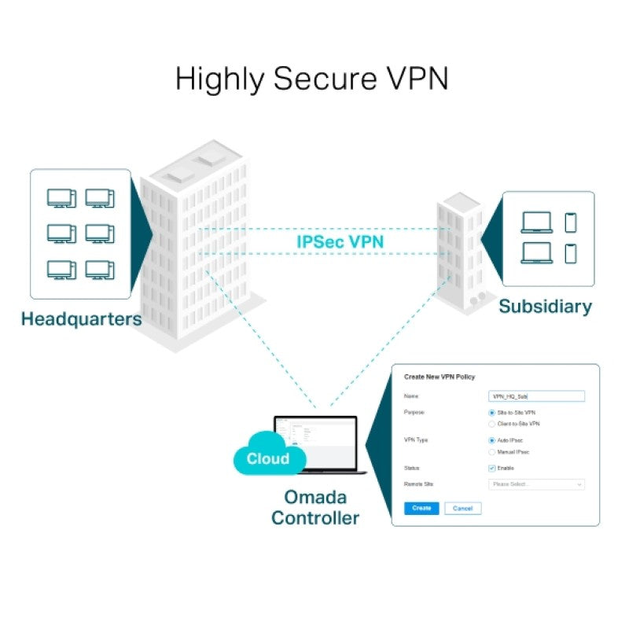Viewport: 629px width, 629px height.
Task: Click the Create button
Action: pyautogui.click(x=421, y=508)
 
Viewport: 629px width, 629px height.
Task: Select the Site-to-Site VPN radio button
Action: pyautogui.click(x=492, y=412)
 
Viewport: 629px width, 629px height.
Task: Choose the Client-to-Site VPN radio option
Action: pyautogui.click(x=492, y=424)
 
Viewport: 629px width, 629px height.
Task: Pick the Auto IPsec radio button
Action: pyautogui.click(x=492, y=440)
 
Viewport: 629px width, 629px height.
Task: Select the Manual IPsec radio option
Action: pyautogui.click(x=492, y=452)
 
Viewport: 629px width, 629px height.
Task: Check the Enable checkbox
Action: pyautogui.click(x=492, y=469)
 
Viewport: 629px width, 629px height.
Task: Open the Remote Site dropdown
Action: pyautogui.click(x=536, y=484)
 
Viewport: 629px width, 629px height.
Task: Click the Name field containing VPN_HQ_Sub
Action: pyautogui.click(x=536, y=396)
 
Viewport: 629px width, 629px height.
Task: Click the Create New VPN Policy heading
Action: pyautogui.click(x=440, y=377)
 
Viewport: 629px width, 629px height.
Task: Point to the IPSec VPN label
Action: pyautogui.click(x=340, y=241)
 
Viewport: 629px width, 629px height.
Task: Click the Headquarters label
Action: pyautogui.click(x=82, y=319)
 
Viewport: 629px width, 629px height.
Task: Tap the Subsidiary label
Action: pyautogui.click(x=545, y=306)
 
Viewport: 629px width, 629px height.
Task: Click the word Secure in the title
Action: pyautogui.click(x=309, y=79)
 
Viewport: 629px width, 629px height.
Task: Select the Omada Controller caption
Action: pyautogui.click(x=314, y=508)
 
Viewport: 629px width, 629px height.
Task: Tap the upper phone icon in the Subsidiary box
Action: pyautogui.click(x=570, y=223)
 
